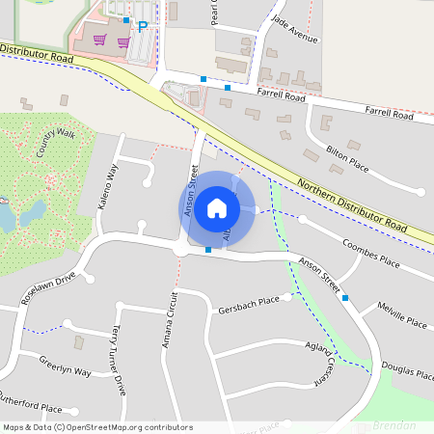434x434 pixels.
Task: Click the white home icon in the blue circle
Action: tap(217, 207)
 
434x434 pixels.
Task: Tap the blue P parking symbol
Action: tap(143, 27)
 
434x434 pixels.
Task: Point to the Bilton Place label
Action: tap(348, 153)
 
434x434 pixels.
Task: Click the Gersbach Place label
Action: tap(248, 300)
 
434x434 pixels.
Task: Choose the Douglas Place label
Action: tap(405, 372)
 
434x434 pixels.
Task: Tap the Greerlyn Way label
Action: tap(65, 370)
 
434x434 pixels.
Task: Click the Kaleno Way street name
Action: tap(109, 185)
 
